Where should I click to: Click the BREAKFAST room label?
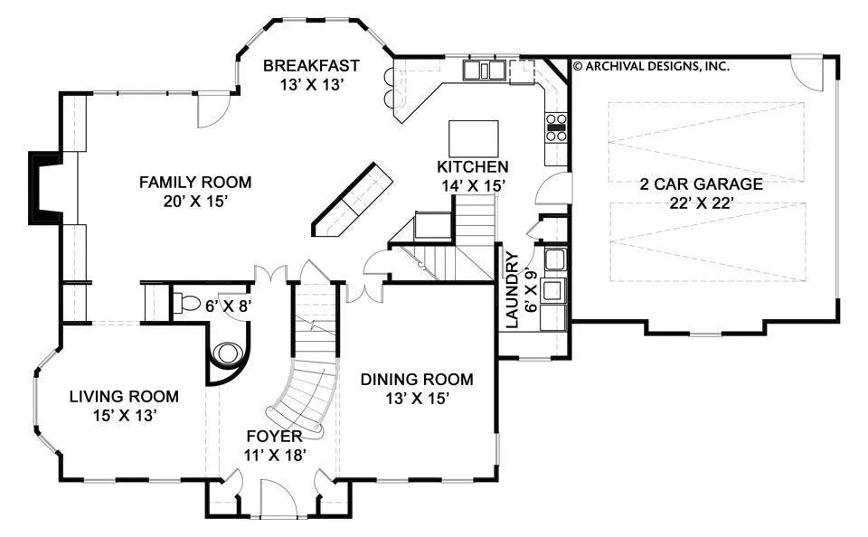click(311, 66)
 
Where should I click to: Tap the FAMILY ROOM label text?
click(195, 182)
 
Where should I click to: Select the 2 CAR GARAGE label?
click(702, 184)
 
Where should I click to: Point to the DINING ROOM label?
click(417, 379)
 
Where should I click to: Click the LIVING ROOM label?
click(124, 396)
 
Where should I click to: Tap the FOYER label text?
click(275, 437)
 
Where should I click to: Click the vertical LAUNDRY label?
click(513, 289)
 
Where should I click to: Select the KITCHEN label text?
click(473, 166)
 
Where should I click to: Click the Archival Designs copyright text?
click(651, 66)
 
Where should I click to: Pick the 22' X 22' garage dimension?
click(702, 203)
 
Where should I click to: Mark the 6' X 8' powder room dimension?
click(229, 306)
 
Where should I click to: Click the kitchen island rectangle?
click(473, 138)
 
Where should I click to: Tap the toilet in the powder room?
click(186, 304)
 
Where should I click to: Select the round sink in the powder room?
click(229, 353)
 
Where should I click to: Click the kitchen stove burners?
click(556, 127)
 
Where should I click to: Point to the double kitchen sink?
click(485, 71)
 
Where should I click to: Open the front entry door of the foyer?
click(279, 498)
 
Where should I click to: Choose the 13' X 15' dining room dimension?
click(417, 398)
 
